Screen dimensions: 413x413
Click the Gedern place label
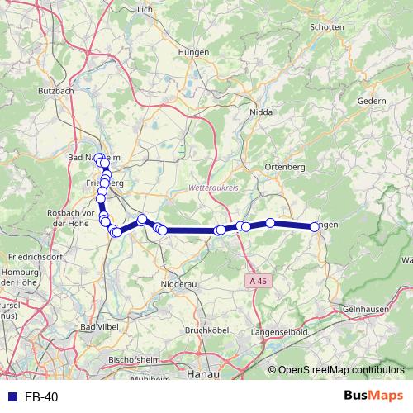coord(372,101)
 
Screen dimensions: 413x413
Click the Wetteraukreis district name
coord(213,187)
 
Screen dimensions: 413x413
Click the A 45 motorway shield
coord(259,282)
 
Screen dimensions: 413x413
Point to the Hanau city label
coord(202,374)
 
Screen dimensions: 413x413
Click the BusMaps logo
coord(376,396)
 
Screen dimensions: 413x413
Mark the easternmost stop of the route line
coord(315,226)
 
